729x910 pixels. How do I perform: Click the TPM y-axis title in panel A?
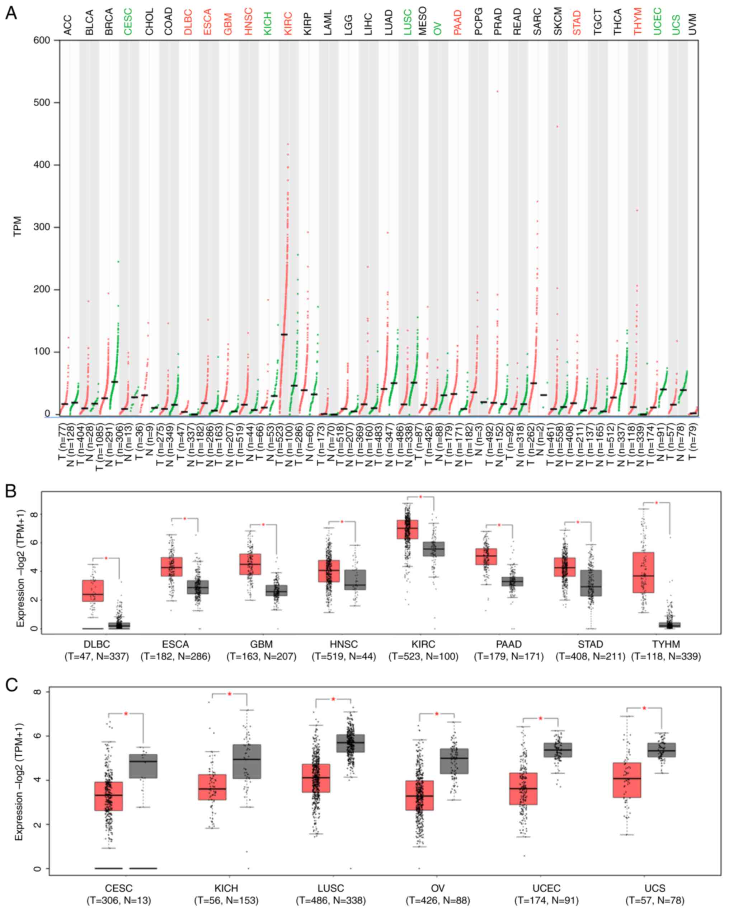[x=18, y=227]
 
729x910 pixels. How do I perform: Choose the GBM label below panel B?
[x=261, y=644]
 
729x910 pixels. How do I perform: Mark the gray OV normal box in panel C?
[x=454, y=761]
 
